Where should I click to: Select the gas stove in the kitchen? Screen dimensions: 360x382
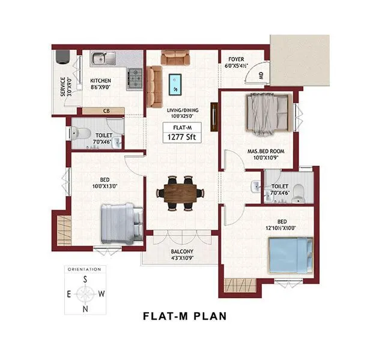coord(134,79)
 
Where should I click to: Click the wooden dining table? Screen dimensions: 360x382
coord(180,193)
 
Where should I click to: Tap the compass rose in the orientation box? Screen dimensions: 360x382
coord(85,294)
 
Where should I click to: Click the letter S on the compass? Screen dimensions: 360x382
coord(85,280)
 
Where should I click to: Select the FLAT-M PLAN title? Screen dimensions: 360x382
coord(184,316)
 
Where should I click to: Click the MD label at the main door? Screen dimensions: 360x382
coord(261,76)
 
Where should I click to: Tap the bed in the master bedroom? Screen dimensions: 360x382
coord(268,112)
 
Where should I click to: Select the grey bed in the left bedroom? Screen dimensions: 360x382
coord(121,222)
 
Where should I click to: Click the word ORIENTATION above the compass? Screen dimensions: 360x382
coord(85,269)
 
